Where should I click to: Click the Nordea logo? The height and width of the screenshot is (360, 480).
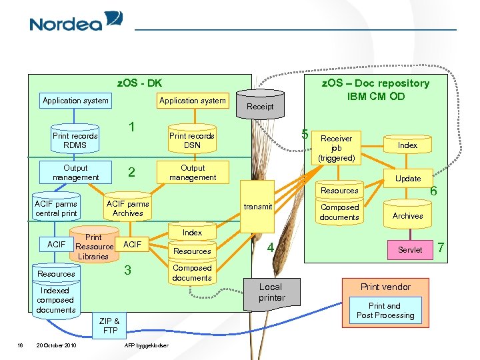pos(76,21)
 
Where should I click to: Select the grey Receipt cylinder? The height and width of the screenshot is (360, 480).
pos(260,104)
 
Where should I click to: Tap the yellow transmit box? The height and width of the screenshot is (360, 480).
pos(257,207)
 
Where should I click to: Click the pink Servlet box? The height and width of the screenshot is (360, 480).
pos(410,250)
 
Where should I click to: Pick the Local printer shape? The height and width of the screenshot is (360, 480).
pos(272,295)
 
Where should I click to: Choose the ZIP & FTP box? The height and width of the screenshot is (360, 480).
pos(109,325)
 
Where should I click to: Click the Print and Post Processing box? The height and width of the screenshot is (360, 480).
pos(385,311)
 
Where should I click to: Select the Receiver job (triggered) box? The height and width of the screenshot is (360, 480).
pos(337,148)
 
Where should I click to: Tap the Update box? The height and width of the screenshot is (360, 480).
pos(408,178)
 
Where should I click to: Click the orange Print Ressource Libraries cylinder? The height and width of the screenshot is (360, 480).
pos(94,244)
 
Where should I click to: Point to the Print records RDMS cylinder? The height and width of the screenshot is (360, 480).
pos(75,139)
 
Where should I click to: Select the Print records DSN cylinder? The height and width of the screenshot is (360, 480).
pos(192,139)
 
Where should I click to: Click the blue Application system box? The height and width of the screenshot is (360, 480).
pos(75,101)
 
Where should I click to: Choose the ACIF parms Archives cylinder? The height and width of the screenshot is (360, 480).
pos(127,207)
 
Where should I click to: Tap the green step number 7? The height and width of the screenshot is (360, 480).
pos(441,247)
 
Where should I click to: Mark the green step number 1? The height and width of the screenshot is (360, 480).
pos(131,127)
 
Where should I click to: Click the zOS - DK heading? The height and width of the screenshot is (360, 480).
pos(139,83)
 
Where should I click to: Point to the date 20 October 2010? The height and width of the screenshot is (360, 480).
pos(56,345)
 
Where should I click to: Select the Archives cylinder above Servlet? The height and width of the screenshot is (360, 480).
pos(408,214)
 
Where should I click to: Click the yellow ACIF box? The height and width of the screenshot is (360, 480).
pos(132,244)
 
